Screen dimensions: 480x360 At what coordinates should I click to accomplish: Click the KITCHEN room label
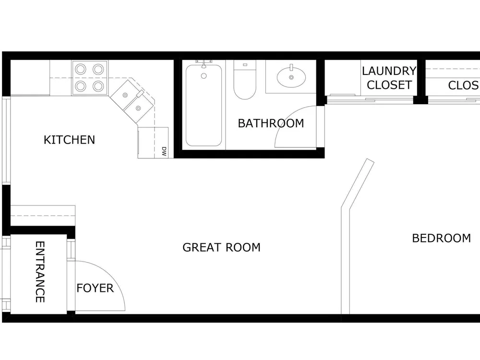[70, 140]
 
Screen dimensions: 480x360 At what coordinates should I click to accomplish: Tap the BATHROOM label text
[271, 123]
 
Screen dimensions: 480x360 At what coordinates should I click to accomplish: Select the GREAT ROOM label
[221, 247]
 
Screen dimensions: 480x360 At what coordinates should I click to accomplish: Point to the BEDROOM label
[442, 238]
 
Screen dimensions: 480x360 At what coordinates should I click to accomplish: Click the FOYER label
[95, 288]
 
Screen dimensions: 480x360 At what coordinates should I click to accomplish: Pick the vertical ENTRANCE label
[40, 272]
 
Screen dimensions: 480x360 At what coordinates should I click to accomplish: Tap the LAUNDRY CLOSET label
[389, 78]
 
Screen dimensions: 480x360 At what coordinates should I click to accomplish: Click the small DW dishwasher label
[164, 152]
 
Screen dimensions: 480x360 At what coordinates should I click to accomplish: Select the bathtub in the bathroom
[204, 105]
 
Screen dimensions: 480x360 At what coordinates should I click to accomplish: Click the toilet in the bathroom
[245, 80]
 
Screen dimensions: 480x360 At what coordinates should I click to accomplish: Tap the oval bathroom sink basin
[291, 77]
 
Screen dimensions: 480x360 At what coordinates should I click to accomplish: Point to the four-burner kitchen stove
[90, 78]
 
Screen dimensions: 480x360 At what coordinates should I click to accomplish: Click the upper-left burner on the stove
[81, 69]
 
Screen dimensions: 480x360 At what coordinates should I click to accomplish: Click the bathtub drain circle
[204, 76]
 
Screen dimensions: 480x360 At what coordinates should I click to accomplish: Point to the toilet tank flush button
[245, 65]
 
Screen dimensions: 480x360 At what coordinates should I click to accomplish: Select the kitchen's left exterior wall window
[6, 140]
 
